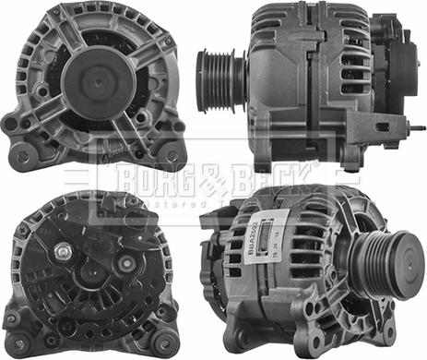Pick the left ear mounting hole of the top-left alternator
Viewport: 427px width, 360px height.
tap(12, 122)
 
